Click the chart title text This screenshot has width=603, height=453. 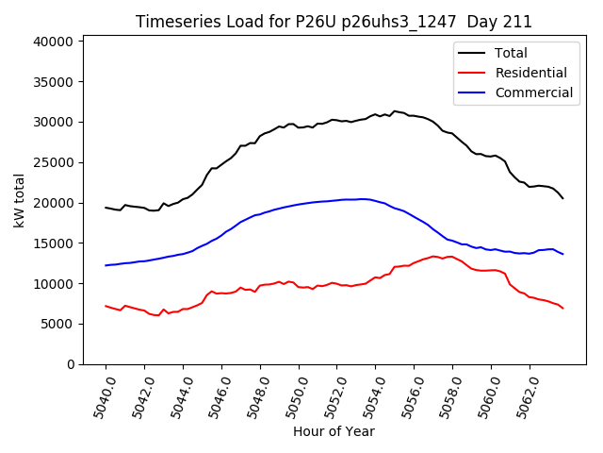(334, 22)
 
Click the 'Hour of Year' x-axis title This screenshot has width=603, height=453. (334, 431)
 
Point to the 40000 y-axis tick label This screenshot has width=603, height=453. (54, 42)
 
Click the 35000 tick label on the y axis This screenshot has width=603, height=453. (54, 82)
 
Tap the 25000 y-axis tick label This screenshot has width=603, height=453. (54, 162)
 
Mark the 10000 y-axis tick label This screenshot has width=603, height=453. (54, 283)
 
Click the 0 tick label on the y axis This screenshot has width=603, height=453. (70, 364)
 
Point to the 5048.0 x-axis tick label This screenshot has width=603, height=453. (255, 396)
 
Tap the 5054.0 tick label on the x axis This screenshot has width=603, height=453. (371, 396)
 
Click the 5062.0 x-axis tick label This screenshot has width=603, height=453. (525, 396)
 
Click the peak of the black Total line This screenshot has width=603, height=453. (395, 110)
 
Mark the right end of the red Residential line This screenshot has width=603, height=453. (562, 309)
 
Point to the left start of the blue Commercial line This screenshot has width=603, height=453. (106, 265)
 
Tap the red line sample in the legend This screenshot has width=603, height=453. (472, 73)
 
